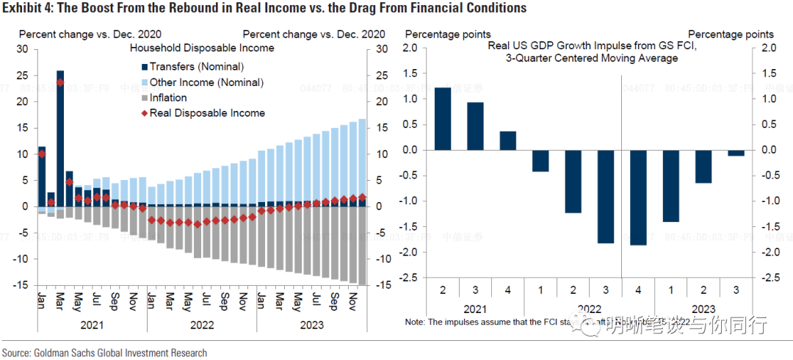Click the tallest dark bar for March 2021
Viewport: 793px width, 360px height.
pos(59,132)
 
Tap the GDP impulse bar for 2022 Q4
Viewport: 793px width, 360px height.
pos(638,198)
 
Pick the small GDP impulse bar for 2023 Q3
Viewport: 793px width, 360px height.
pos(736,153)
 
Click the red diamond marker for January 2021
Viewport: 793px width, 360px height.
pos(42,154)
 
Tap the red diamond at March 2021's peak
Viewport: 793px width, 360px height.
pos(59,82)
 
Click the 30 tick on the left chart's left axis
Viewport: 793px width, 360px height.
pos(22,49)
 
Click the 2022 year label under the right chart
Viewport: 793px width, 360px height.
pos(590,310)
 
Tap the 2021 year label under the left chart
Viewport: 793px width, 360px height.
pos(92,323)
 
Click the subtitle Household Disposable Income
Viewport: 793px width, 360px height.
pos(202,48)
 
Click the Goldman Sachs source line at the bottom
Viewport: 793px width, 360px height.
pos(104,353)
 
